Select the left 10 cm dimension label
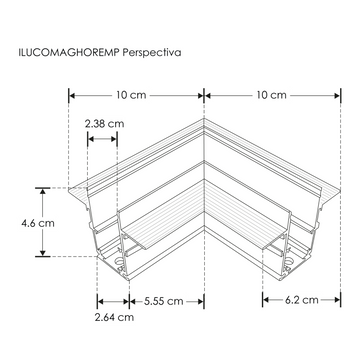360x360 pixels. pos(135,95)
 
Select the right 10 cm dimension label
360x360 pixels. pos(271,95)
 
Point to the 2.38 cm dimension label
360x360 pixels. pos(105,124)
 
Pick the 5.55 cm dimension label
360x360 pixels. pos(162,300)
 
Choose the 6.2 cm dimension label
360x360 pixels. pos(301,300)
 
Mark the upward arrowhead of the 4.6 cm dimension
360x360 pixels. pos(43,189)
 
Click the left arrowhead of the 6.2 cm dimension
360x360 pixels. pos(265,300)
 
